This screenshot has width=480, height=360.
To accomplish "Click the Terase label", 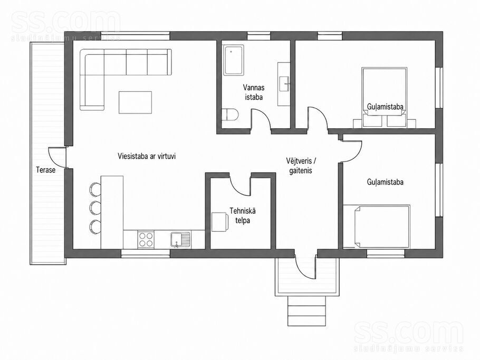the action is coord(45,170).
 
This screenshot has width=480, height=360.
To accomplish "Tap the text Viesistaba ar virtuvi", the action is coord(147,156).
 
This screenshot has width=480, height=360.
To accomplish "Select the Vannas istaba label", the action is coord(254,92).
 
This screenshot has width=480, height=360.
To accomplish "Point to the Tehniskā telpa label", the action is coord(243,215).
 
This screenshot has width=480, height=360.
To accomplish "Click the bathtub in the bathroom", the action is coord(234,60).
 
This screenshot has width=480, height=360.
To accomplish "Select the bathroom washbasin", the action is coord(285,83).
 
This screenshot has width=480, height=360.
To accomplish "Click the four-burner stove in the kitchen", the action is coord(146,240).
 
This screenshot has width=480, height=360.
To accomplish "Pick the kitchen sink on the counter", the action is coord(180,240).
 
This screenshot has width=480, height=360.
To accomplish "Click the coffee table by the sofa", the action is coord(136,102).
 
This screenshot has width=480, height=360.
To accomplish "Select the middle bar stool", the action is coord(95,207).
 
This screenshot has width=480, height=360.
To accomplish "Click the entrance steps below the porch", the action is coord(306,311).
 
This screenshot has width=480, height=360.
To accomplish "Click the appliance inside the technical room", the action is coord(220,222).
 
